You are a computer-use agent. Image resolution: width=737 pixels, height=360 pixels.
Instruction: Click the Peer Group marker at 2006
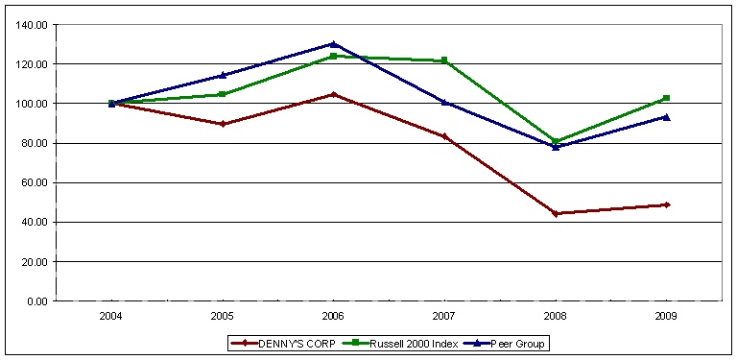(333, 44)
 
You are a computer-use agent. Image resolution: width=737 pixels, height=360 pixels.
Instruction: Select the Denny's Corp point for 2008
(556, 213)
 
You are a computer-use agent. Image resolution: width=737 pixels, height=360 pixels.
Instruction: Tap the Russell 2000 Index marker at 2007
(444, 60)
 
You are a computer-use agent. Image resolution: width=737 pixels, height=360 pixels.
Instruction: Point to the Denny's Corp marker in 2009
(666, 204)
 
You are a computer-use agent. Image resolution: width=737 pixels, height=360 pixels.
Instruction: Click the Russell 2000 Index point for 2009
(666, 98)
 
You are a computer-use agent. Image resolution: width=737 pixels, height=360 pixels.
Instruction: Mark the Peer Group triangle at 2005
(223, 75)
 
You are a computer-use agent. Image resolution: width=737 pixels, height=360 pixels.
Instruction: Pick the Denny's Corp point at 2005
(223, 124)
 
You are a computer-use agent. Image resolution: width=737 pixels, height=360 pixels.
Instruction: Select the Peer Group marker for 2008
(556, 147)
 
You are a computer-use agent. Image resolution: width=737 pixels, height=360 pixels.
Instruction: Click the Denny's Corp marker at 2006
(333, 94)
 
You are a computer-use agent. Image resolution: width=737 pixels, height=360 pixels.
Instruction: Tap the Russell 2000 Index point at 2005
(223, 94)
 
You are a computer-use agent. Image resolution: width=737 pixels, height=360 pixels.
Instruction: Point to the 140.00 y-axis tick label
(33, 25)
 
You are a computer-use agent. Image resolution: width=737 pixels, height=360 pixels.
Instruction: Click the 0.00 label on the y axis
(37, 301)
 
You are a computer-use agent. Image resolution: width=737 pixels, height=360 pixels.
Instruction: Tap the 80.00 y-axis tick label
(35, 143)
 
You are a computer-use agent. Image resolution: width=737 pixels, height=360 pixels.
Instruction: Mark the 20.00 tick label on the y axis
(35, 262)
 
